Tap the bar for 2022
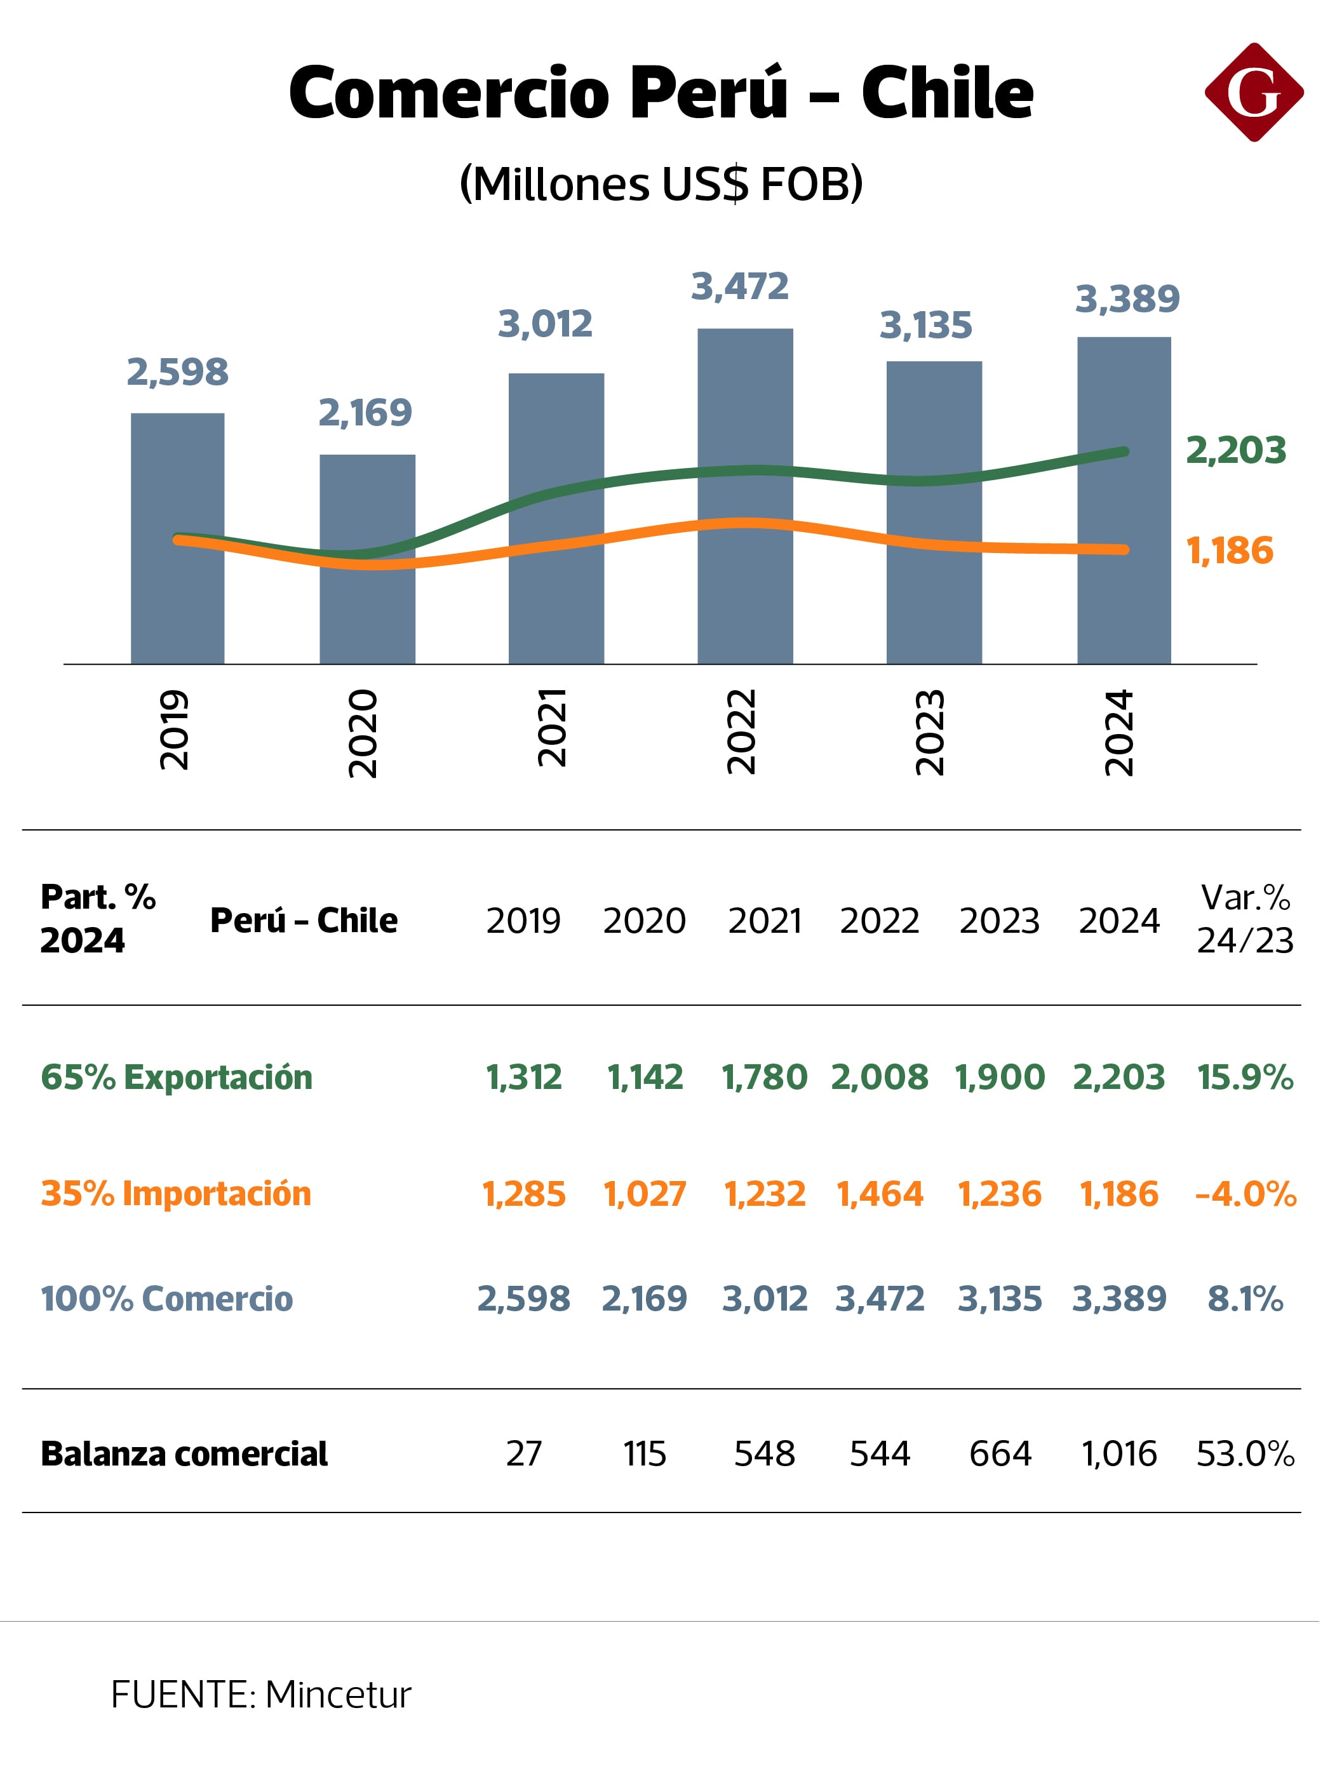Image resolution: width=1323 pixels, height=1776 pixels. point(745,496)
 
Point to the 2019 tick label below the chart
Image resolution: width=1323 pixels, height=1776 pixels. point(174,730)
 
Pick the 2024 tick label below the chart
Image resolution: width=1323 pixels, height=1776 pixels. point(1118,732)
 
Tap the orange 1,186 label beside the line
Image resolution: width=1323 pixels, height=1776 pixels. point(1229,551)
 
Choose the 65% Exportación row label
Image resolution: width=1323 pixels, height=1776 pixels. point(176,1077)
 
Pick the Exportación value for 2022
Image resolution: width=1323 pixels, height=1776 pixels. point(879,1077)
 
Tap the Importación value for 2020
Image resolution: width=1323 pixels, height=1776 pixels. point(645,1194)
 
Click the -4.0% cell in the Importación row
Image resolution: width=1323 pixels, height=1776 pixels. point(1246,1194)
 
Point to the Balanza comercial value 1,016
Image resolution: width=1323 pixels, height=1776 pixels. point(1118,1453)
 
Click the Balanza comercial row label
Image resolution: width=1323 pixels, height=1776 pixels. point(184,1453)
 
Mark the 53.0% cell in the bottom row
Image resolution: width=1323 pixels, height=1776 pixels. point(1246,1453)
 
